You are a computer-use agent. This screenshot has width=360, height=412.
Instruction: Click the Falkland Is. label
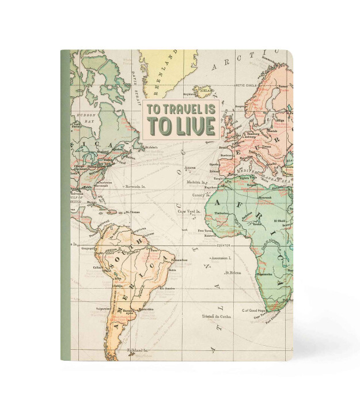[x=137, y=350]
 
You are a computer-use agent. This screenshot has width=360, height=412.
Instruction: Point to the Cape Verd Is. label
[x=188, y=212]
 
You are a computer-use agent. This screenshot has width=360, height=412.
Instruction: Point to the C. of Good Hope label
[x=253, y=311]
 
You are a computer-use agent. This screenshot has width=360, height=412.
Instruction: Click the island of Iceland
[x=203, y=90]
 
